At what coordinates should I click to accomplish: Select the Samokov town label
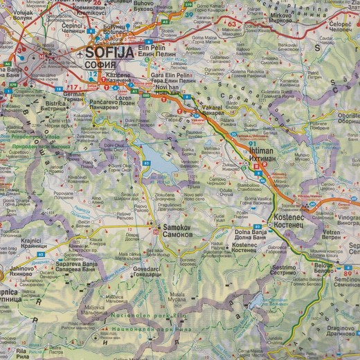click(181, 226)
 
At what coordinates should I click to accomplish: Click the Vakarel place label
click(210, 110)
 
